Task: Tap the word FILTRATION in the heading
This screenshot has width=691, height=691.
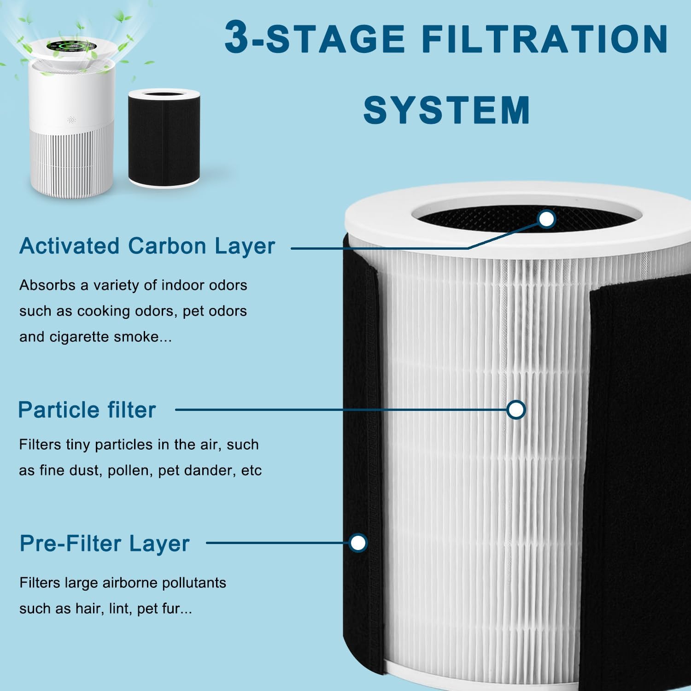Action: click(545, 39)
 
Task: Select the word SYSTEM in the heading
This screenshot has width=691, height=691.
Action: click(446, 110)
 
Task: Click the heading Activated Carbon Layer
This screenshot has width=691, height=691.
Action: click(147, 246)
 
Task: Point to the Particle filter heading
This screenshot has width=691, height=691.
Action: click(87, 410)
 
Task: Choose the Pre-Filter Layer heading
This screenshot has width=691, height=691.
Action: click(105, 544)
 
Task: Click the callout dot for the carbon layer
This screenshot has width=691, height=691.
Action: click(546, 219)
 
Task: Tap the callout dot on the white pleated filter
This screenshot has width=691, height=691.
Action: click(516, 410)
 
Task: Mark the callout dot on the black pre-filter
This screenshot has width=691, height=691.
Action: click(358, 543)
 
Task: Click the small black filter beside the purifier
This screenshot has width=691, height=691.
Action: click(164, 138)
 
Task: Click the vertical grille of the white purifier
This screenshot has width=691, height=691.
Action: click(71, 161)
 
